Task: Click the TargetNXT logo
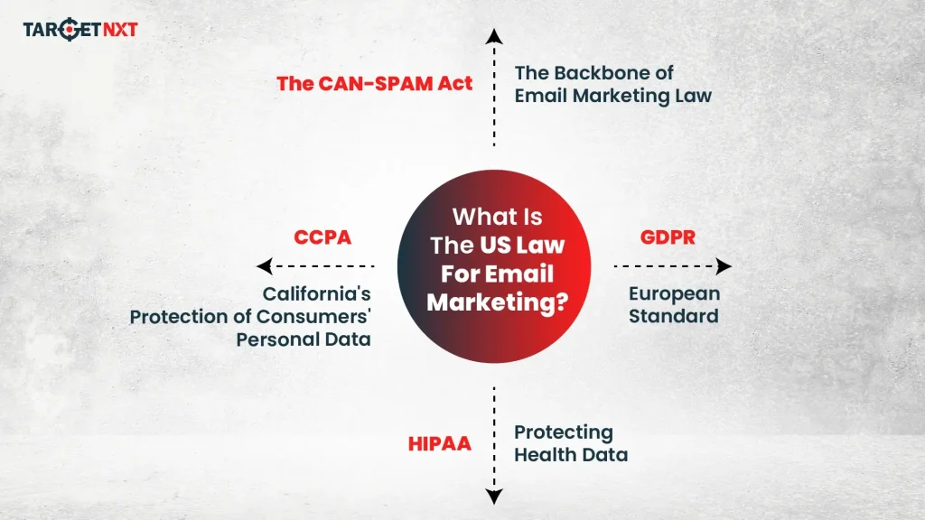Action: (x=80, y=30)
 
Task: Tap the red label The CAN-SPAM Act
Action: (x=375, y=85)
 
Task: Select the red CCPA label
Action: (x=322, y=238)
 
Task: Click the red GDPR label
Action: (x=668, y=238)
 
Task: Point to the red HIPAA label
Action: (x=440, y=444)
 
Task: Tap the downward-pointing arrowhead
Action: (x=493, y=495)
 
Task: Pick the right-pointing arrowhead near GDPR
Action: (x=724, y=266)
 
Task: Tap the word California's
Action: (x=316, y=294)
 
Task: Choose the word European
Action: (x=674, y=294)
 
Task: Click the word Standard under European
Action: (x=673, y=316)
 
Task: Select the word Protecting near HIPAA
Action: (x=563, y=432)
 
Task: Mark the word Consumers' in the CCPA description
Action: (x=313, y=317)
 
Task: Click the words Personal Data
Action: (x=304, y=339)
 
